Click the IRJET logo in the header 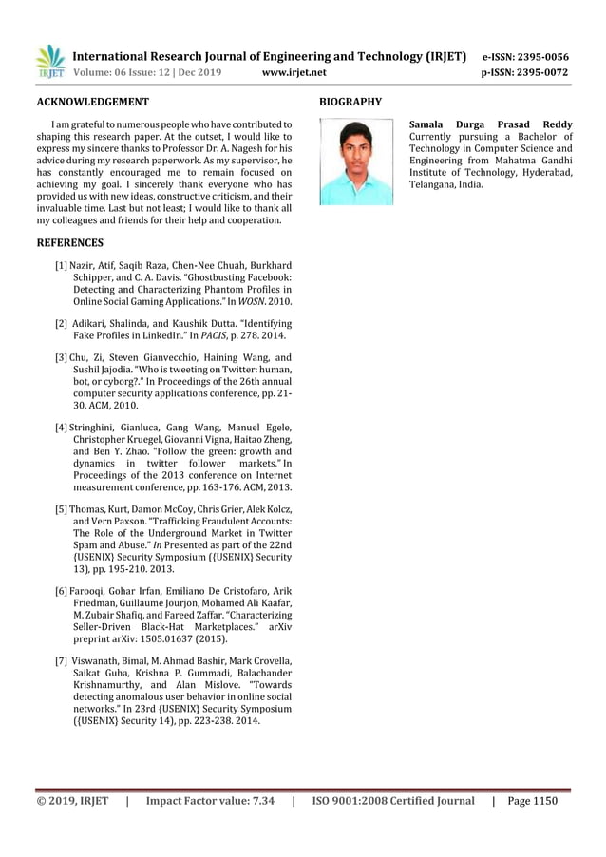click(x=49, y=63)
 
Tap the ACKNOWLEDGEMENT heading click(x=91, y=101)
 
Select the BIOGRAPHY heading click(x=350, y=101)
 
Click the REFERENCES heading click(x=69, y=243)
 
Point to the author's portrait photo click(x=356, y=161)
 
